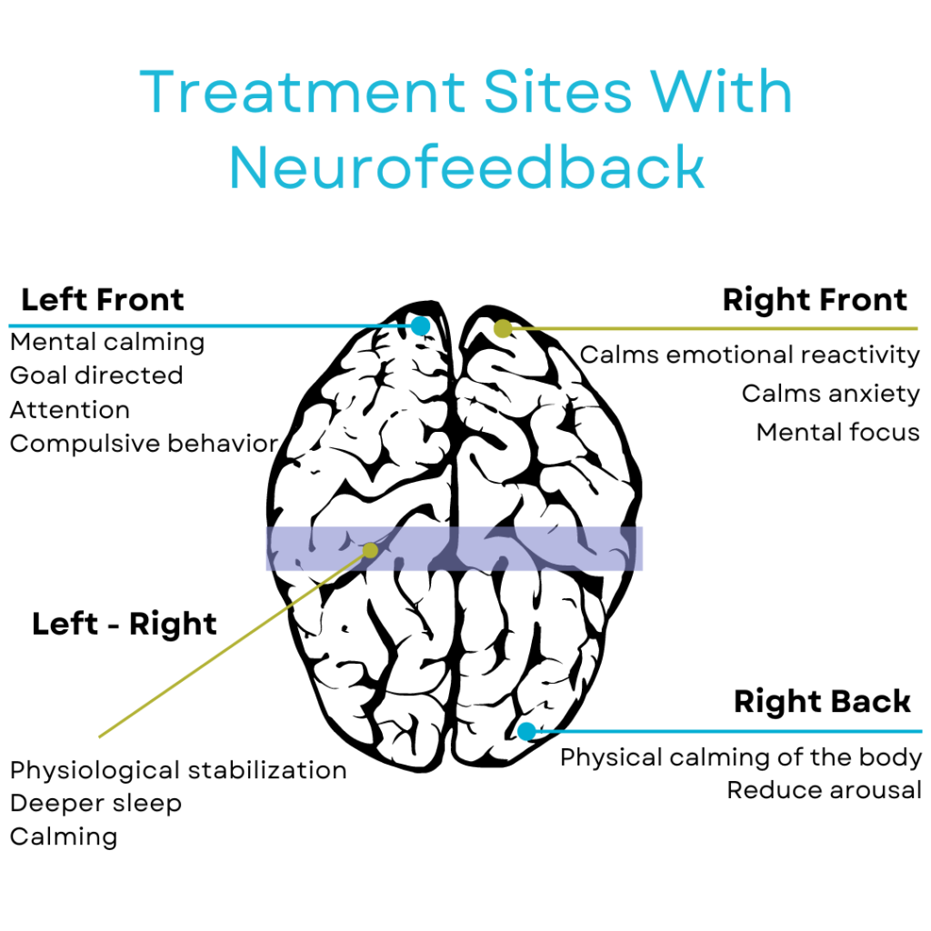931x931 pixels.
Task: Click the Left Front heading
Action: coord(103,300)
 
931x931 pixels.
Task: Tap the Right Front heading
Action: coord(815,300)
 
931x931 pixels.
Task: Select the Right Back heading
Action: coord(822,702)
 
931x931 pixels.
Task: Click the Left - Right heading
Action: coord(125,625)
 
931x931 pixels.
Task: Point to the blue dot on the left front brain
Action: coord(420,325)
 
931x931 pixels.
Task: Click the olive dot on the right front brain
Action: coord(503,328)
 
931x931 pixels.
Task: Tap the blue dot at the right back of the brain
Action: coord(526,731)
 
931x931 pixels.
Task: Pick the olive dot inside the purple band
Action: coord(370,550)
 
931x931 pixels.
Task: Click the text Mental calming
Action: coord(107,343)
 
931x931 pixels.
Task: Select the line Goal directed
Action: coord(96,375)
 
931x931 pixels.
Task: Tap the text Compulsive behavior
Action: coord(144,444)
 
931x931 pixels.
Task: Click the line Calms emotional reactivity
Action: coord(750,355)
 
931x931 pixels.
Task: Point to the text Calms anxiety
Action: coord(830,394)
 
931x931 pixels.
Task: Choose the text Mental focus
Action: coord(837,432)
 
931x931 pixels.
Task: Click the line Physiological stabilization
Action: coord(178,771)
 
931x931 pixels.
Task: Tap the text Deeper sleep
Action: coord(95,804)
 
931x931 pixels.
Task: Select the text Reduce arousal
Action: coord(824,790)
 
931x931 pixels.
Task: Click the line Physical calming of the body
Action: coord(740,757)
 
